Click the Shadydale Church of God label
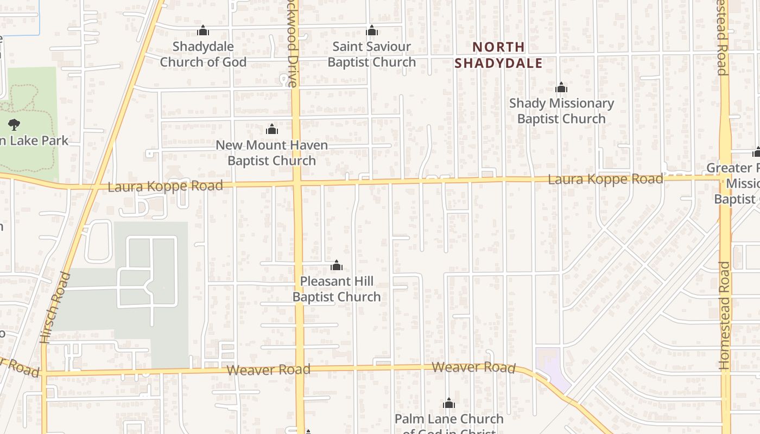203,54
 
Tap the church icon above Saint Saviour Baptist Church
372,31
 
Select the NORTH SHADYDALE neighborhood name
498,55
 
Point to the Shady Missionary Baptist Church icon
561,88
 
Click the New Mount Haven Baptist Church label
271,153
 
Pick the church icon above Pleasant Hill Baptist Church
337,266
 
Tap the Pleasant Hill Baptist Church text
337,289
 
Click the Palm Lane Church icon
449,404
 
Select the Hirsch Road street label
55,308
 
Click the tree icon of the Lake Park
14,124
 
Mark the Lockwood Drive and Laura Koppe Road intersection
296,183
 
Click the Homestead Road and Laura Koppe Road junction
725,176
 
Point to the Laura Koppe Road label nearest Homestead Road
605,179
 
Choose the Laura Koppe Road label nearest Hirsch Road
165,187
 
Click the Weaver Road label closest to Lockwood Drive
268,370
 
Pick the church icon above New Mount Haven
272,130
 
